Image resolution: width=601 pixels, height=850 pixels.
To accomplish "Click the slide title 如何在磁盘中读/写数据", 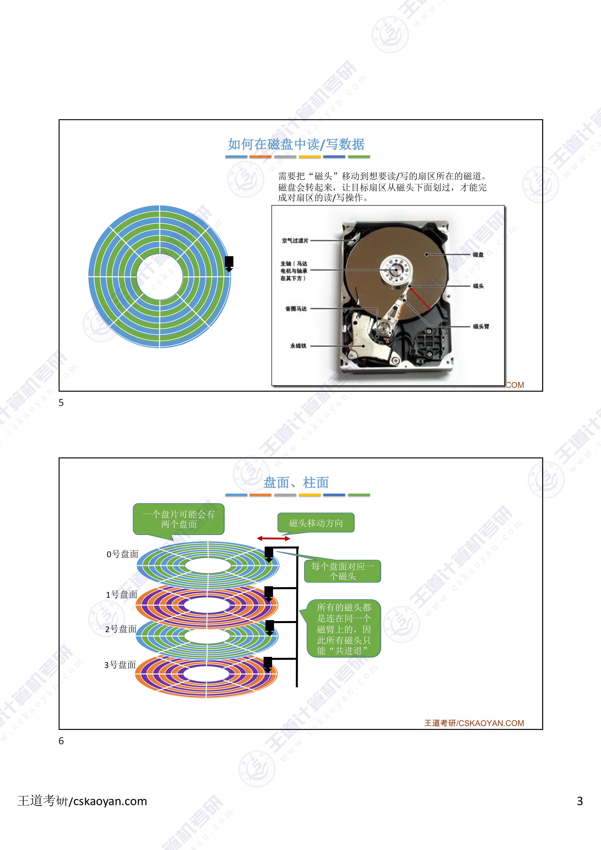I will pos(296,144).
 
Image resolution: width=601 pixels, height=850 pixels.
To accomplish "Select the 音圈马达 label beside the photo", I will pos(296,309).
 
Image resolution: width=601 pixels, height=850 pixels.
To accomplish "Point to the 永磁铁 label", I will pos(298,346).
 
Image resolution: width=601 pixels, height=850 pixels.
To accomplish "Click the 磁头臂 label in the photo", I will pos(481,326).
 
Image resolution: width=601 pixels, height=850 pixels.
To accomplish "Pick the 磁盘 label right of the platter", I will pos(478,255).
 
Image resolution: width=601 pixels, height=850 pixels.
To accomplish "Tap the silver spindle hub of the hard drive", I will pos(396,269).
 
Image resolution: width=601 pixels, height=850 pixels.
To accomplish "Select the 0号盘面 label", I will pos(122,554).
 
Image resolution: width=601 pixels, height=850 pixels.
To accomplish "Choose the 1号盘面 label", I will pos(121,595).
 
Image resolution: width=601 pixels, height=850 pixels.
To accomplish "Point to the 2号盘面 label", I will pos(121,629).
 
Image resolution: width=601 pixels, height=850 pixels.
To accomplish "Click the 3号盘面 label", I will pos(120,665).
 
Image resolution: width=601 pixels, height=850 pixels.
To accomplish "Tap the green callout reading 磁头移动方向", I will pos(316,523).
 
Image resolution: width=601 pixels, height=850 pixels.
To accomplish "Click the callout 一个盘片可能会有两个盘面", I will pos(178,519).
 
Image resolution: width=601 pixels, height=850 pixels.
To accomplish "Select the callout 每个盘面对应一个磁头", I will pos(343,571).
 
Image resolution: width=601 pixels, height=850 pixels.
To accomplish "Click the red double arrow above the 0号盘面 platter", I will pos(274,538).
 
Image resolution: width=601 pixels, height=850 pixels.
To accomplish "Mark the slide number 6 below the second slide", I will pos(61,741).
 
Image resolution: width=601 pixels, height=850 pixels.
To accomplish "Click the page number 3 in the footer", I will pos(580,801).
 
